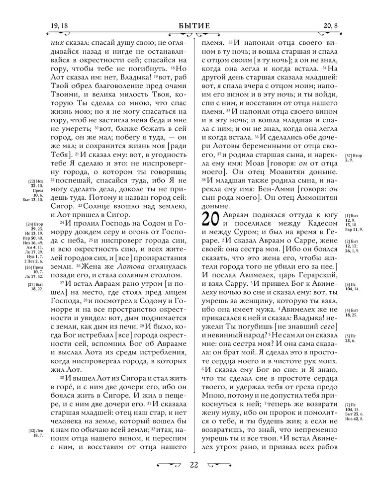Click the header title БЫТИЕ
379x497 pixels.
click(189, 26)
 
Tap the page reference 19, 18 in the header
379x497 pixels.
click(59, 26)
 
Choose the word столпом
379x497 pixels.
click(160, 275)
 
